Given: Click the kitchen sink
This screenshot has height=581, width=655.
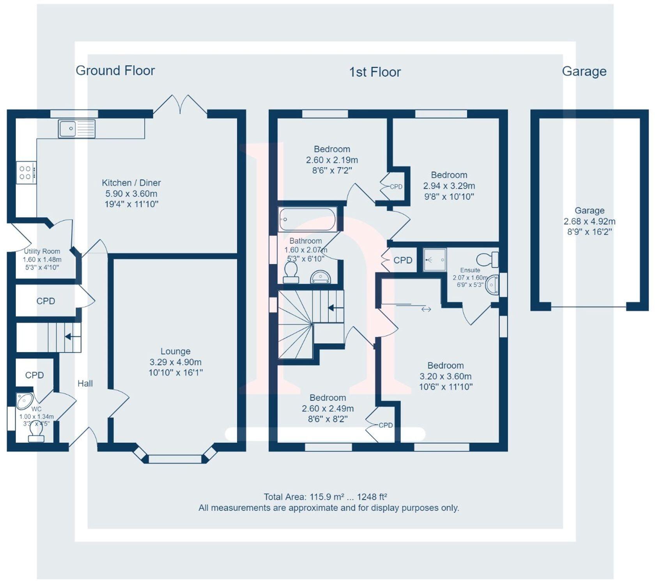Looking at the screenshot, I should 76,129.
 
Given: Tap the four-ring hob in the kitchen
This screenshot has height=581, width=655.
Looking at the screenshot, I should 26,173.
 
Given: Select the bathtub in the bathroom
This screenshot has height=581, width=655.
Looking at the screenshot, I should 308,219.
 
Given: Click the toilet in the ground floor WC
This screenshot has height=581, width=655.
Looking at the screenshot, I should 36,433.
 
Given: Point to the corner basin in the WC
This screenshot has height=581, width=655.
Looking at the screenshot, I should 24,400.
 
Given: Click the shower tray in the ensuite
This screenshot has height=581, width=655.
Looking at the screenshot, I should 435,260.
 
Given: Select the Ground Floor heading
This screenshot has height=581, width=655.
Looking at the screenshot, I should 115,70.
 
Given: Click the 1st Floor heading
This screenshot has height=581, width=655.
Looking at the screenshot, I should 375,72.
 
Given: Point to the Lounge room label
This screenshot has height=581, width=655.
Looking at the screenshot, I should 175,351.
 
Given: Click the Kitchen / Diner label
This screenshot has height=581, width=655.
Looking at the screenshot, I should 131,183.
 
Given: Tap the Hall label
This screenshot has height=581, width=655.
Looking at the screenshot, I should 85,384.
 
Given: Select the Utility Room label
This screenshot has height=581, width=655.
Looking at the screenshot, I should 42,252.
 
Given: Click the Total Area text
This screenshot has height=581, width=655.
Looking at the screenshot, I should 325,497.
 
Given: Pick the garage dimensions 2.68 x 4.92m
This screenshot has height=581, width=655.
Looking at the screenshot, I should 589,221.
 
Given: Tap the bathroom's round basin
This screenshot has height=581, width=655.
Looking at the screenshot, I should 320,278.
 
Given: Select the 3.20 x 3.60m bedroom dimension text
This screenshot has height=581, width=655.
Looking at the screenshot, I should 445,376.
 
